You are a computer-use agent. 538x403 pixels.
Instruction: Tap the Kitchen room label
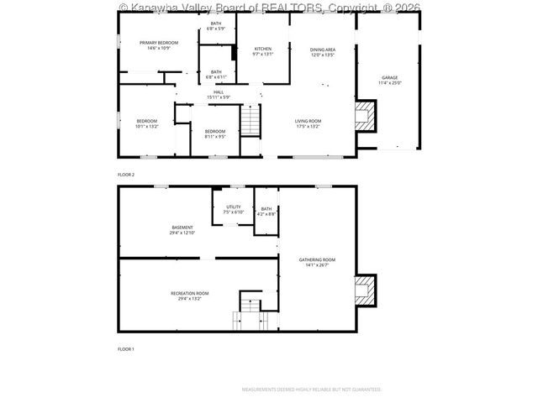[x=263, y=52]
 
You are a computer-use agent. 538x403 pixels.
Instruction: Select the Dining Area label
[x=322, y=52]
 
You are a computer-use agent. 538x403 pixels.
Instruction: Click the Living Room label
[x=308, y=123]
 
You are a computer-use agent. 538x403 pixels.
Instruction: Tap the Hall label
[x=218, y=95]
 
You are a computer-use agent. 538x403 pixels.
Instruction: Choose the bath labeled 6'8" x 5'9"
[x=216, y=27]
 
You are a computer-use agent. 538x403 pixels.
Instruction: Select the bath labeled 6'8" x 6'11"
[x=216, y=75]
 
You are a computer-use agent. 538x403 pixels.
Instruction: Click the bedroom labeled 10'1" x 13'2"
[x=147, y=123]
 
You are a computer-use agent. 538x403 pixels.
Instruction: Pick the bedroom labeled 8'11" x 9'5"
[x=214, y=133]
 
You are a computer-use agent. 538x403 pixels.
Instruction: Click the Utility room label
[x=233, y=209]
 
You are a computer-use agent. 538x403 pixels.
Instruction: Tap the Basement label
[x=182, y=230]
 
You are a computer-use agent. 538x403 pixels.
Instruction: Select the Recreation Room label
[x=185, y=296]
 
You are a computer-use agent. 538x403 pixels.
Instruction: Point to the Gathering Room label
[x=317, y=262]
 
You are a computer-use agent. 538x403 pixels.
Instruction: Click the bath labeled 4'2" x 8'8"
[x=266, y=212]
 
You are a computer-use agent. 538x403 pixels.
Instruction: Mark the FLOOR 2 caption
[x=126, y=175]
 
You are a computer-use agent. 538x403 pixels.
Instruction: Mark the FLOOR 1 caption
[x=126, y=348]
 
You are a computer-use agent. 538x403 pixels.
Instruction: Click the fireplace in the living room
[x=364, y=118]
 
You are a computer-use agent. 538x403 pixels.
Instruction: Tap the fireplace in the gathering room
[x=364, y=292]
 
